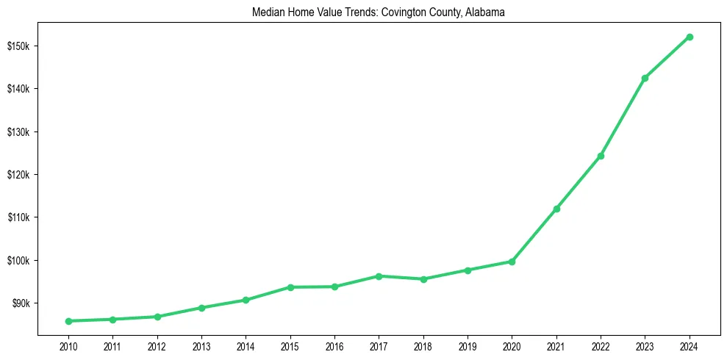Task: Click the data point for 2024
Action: (x=690, y=37)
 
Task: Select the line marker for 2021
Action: (x=556, y=209)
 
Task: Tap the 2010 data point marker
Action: (x=68, y=321)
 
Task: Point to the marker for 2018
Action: (x=423, y=279)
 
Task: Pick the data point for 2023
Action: (x=645, y=78)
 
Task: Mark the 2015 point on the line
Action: (x=290, y=287)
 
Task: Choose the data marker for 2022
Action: (x=601, y=156)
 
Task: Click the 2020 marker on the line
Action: (x=512, y=262)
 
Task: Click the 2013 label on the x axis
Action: (x=201, y=345)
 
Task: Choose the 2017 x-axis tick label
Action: (x=379, y=345)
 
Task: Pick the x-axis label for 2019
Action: (x=468, y=345)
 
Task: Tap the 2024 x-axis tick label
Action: (x=690, y=345)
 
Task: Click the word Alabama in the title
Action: (x=484, y=12)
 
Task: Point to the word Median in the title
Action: (x=268, y=12)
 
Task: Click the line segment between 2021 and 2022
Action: (x=579, y=182)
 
